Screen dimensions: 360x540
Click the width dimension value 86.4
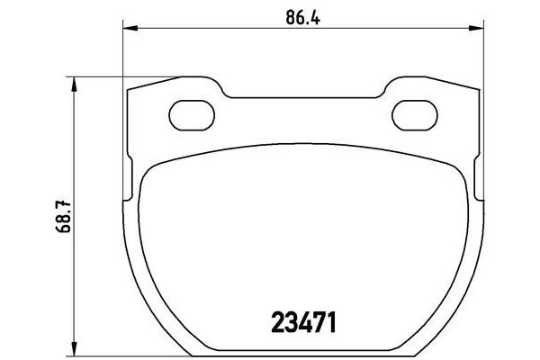[x=298, y=16]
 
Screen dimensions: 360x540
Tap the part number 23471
[x=298, y=320]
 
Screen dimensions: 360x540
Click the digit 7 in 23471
[x=319, y=320]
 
